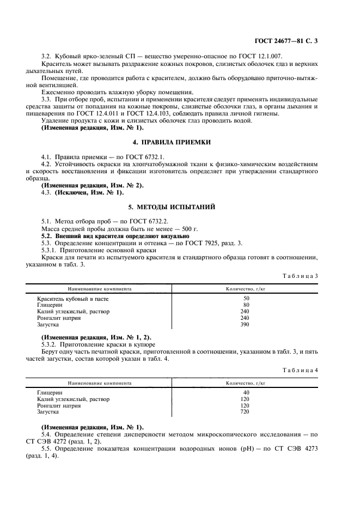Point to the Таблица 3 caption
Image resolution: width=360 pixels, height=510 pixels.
(298, 276)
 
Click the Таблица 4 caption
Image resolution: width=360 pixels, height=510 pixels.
(298, 370)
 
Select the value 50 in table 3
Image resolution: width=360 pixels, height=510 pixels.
(246, 299)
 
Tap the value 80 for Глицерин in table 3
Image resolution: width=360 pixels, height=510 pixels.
(246, 305)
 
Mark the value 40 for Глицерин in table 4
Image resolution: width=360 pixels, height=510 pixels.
(246, 392)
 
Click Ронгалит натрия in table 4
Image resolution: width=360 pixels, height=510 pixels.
(59, 405)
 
